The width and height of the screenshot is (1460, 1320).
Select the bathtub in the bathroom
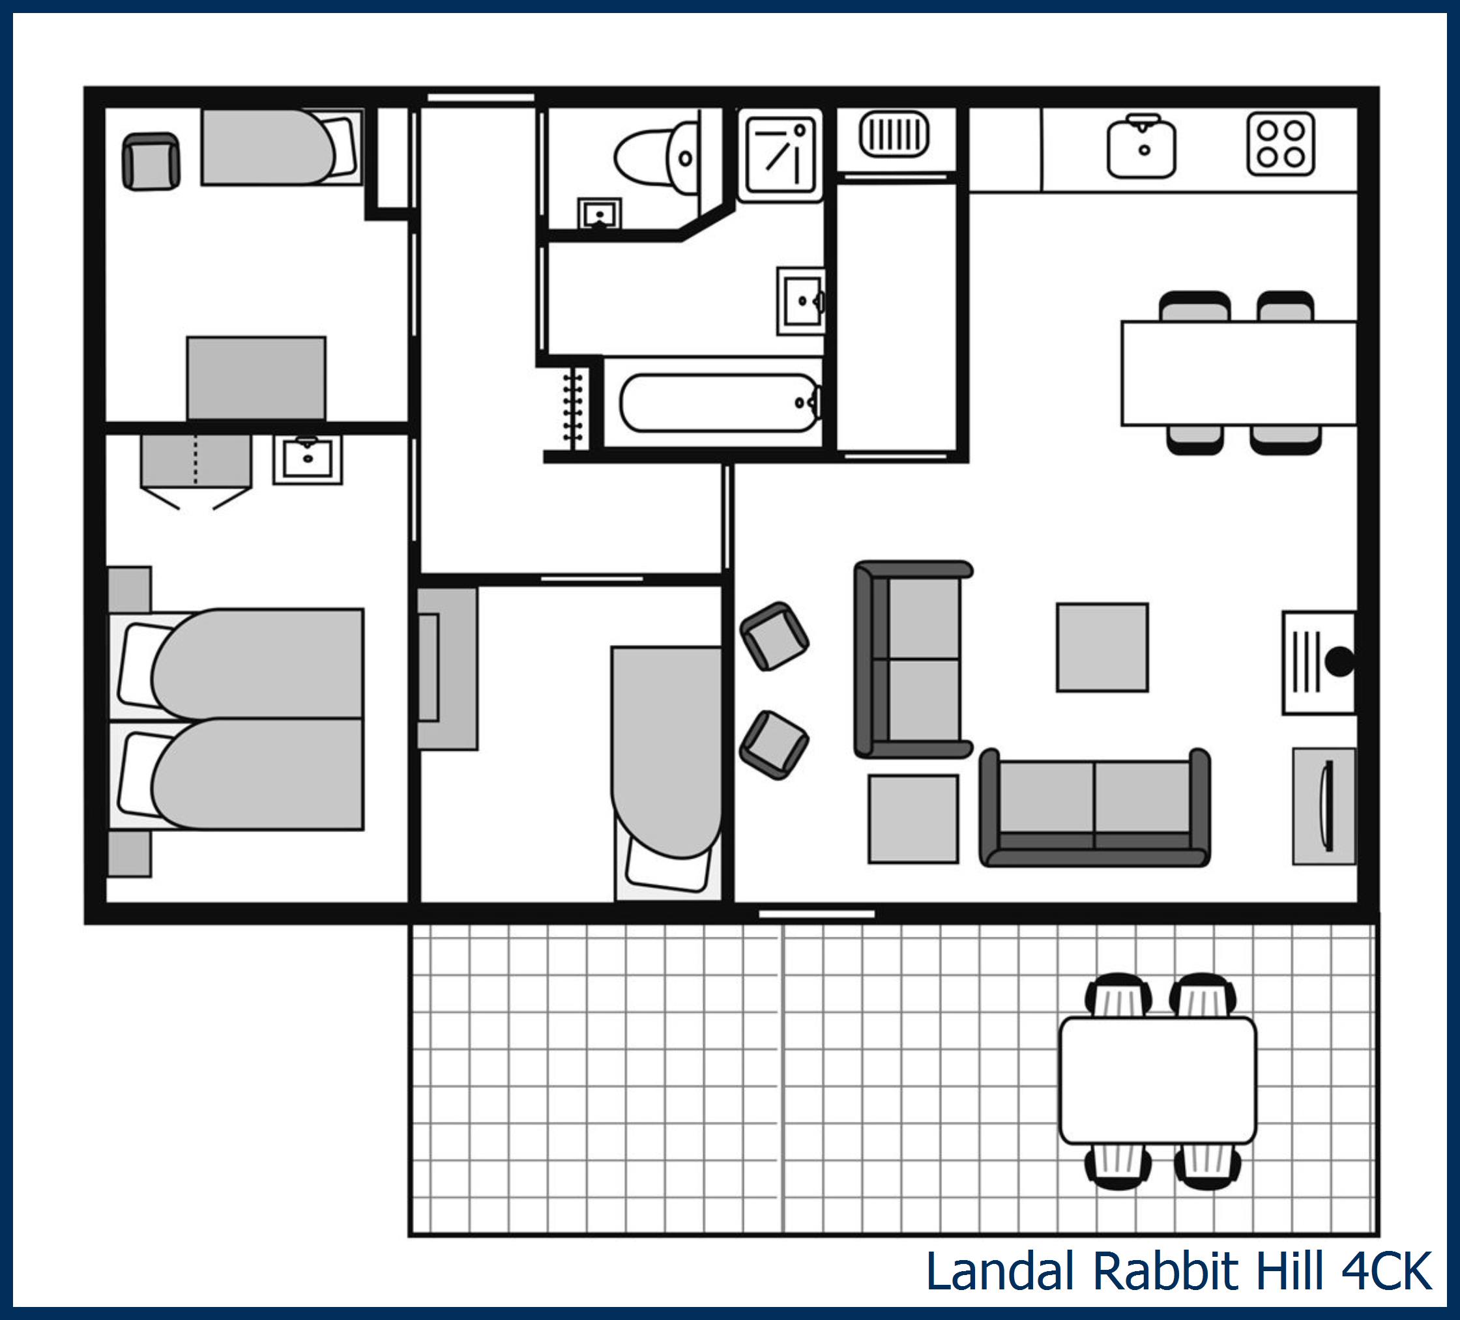coord(718,403)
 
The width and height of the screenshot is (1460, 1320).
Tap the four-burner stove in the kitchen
coord(1280,144)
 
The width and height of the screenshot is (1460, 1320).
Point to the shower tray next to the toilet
coord(780,154)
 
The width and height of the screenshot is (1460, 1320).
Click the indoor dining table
coord(1238,373)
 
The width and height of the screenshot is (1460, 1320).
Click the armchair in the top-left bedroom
coord(151,161)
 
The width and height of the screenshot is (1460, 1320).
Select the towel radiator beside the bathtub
coord(573,407)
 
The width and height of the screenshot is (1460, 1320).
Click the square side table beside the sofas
coord(912,819)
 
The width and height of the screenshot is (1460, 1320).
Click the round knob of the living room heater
coord(1339,662)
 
